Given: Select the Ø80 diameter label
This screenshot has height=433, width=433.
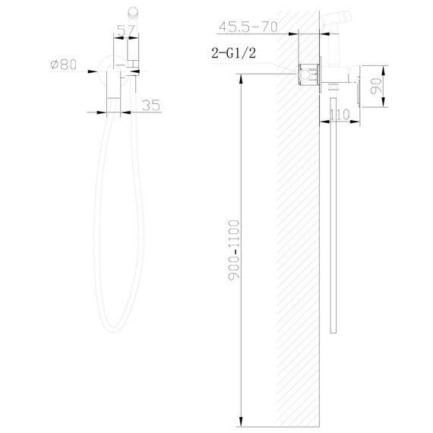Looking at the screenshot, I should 63,65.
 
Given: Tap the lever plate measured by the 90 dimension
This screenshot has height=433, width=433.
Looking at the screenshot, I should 351,82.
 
